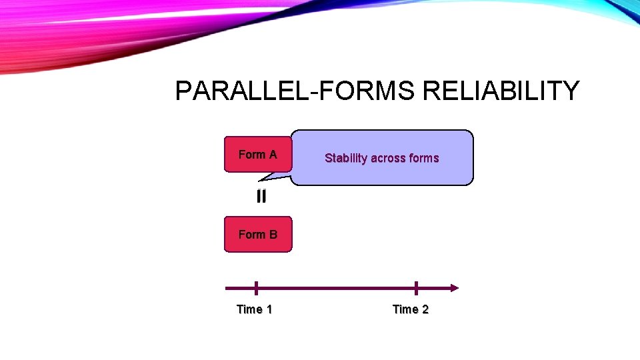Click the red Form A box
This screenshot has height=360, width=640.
click(x=257, y=155)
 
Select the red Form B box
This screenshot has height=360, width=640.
click(x=257, y=235)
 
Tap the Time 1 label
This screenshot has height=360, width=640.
click(x=254, y=309)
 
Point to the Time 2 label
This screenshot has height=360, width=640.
click(x=410, y=309)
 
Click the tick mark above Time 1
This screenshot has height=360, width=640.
click(x=256, y=288)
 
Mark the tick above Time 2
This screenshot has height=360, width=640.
click(x=416, y=288)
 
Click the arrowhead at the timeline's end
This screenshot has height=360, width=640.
click(x=454, y=288)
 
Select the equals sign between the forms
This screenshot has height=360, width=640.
click(x=261, y=197)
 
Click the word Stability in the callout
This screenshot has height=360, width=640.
click(x=346, y=159)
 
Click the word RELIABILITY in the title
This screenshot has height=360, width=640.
click(x=501, y=91)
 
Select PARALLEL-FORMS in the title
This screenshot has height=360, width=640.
click(x=295, y=91)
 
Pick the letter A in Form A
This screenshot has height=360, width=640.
click(x=272, y=155)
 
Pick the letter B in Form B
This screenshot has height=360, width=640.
click(x=272, y=235)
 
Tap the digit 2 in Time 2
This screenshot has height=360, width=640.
click(x=425, y=309)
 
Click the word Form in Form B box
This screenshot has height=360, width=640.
click(x=251, y=235)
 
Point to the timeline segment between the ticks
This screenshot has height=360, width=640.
click(x=336, y=288)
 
